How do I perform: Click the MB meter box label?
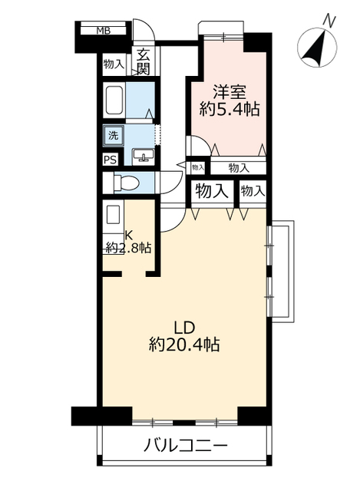point(103,31)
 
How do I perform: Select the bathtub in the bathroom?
point(114,101)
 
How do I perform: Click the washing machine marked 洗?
point(114,136)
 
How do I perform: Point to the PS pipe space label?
point(111,160)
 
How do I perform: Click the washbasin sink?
point(144,156)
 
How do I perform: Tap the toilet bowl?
point(126,183)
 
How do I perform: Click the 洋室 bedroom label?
point(230,92)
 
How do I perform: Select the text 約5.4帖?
point(230,110)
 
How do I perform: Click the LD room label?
point(185,328)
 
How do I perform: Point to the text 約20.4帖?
point(184,344)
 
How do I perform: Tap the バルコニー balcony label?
point(184,446)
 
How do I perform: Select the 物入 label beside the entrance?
point(114,64)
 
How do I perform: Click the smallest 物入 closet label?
point(198,167)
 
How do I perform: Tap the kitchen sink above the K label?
point(114,215)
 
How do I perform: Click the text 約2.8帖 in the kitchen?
point(128,248)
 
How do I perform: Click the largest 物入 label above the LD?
point(212,191)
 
